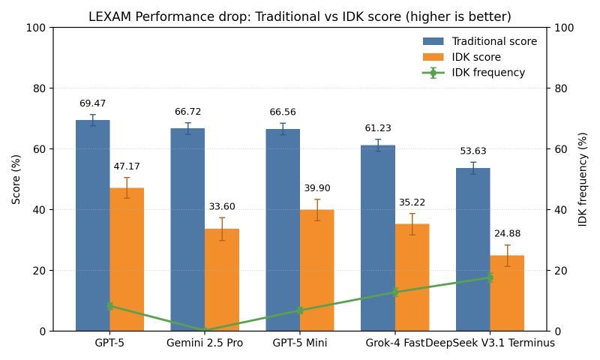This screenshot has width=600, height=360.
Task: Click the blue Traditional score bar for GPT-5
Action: pos(92,225)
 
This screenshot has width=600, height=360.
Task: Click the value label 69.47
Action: pos(92,103)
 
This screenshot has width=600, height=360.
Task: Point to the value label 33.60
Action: pos(222,207)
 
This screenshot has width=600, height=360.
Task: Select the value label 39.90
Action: pos(317,188)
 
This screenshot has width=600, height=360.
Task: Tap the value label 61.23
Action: pos(378,129)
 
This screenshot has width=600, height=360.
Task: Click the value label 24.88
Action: pos(508,234)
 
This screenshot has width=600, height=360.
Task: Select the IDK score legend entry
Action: pos(476,57)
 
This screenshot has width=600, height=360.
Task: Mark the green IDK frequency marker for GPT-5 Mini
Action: pos(300,310)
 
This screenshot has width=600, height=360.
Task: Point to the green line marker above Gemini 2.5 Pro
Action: pos(205,330)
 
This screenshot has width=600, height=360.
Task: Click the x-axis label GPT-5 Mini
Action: pos(300,343)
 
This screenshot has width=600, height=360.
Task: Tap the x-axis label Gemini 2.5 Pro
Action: pos(205,343)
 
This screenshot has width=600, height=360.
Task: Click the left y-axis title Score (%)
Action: pos(16,179)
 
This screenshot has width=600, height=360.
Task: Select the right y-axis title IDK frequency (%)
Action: pos(583,179)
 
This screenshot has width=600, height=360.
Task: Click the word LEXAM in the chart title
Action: pos(106,16)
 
